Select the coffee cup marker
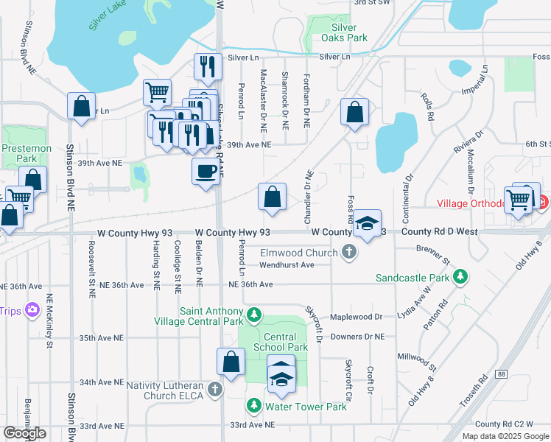[205, 171]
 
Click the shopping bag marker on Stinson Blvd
[81, 105]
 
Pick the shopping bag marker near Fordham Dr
[354, 113]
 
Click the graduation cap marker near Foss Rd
[367, 223]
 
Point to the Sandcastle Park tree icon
[461, 278]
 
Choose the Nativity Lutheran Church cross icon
[215, 388]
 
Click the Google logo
[24, 433]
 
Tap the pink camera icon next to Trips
[32, 310]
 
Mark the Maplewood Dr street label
[358, 317]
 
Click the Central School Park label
[280, 342]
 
